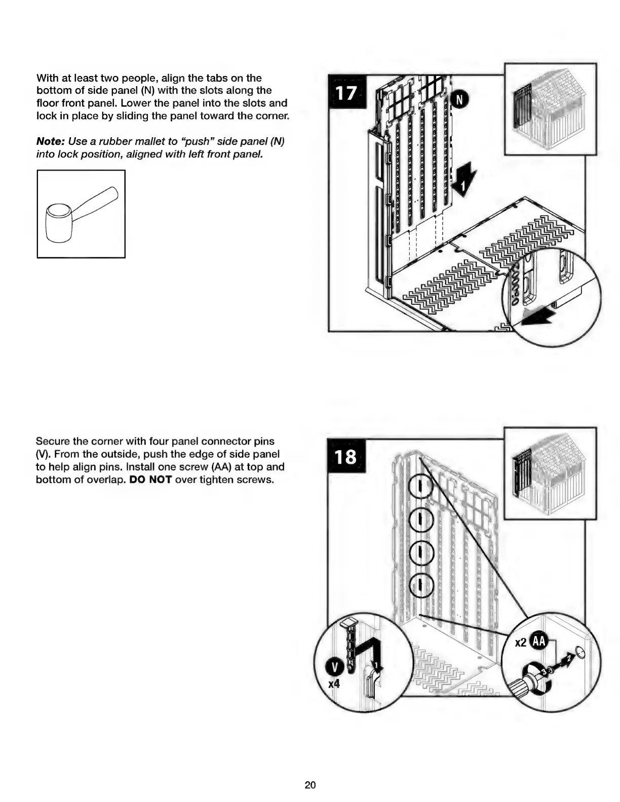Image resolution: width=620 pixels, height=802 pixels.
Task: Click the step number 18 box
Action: pyautogui.click(x=346, y=457)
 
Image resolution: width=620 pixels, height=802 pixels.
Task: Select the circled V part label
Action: pyautogui.click(x=335, y=667)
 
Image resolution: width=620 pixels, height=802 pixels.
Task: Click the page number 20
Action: pyautogui.click(x=310, y=785)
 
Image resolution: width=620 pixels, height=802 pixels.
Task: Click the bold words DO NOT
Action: pyautogui.click(x=150, y=479)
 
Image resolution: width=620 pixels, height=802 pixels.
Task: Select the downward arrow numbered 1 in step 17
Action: pyautogui.click(x=464, y=181)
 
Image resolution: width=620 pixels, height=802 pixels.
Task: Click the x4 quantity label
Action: pyautogui.click(x=334, y=684)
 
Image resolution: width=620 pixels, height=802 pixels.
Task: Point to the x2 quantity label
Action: pyautogui.click(x=521, y=643)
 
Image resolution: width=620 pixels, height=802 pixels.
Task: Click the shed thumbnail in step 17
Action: pyautogui.click(x=550, y=109)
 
